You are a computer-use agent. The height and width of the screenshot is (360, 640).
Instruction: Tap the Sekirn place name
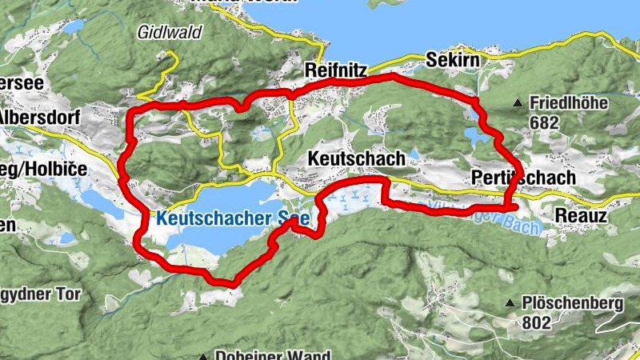tap(454, 61)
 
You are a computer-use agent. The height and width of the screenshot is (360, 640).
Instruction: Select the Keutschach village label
tap(356, 160)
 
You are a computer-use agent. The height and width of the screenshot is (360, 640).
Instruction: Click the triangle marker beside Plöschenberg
tap(510, 304)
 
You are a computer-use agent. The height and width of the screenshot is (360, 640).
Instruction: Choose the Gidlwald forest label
tap(169, 33)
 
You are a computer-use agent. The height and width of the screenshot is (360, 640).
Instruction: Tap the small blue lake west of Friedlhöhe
tap(478, 138)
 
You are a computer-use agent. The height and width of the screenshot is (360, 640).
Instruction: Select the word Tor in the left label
tap(67, 294)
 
